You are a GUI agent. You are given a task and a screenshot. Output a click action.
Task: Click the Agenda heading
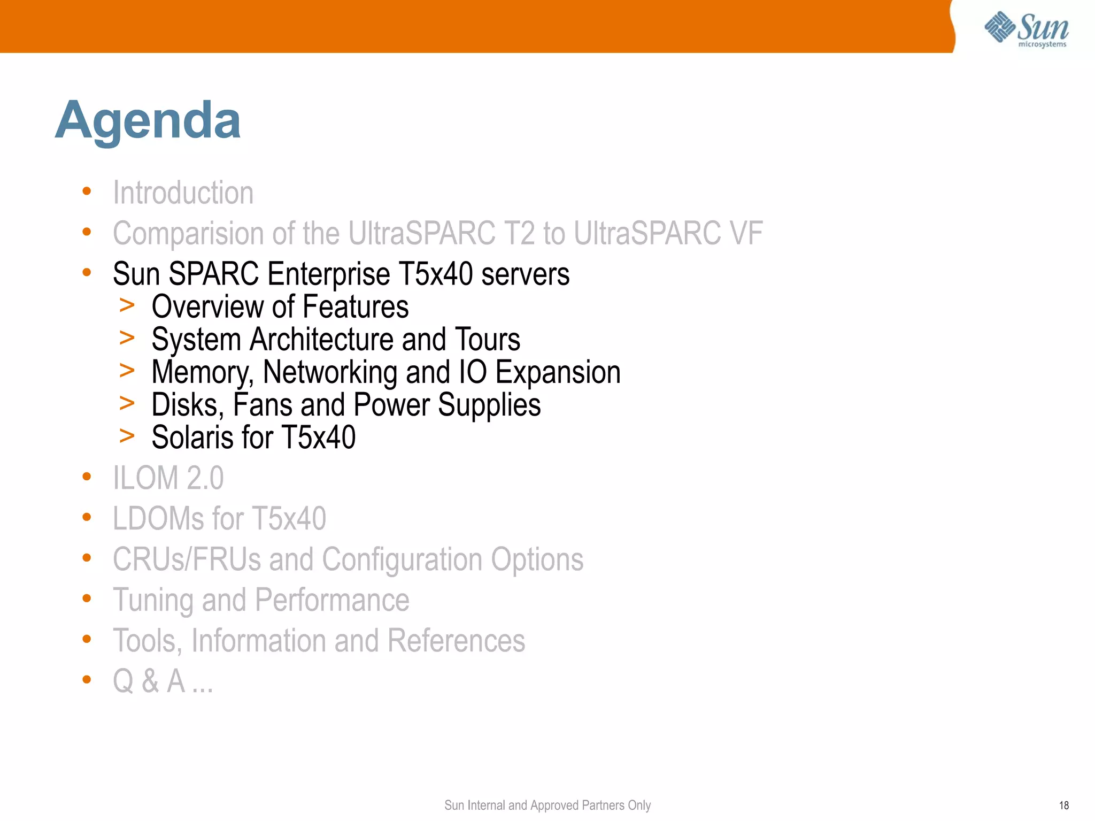148,120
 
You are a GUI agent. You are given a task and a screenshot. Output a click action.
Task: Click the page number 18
1063,805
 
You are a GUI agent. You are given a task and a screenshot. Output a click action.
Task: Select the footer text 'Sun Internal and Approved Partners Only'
547,805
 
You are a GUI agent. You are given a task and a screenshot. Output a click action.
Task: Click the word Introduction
183,193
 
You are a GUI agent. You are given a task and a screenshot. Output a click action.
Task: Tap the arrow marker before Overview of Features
127,305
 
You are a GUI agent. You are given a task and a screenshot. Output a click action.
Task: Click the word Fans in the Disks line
262,405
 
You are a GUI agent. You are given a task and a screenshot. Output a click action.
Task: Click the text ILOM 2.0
168,478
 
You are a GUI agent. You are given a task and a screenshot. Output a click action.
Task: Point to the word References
456,641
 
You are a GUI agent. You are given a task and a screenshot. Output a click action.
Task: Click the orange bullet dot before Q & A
87,679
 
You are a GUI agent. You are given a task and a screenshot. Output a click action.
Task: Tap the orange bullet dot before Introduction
87,191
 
